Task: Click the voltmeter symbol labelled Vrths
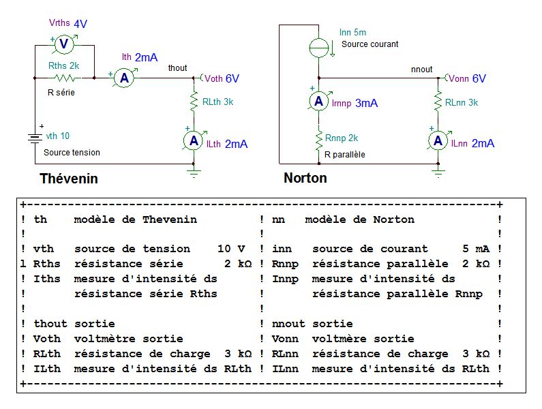[64, 44]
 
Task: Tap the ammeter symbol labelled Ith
[124, 78]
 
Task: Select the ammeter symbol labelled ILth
[194, 140]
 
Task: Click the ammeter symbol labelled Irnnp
[318, 101]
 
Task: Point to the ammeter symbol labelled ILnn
[438, 140]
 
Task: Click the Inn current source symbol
[319, 48]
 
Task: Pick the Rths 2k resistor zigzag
[65, 78]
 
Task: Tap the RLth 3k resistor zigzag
[194, 100]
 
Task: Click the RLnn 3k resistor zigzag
[438, 100]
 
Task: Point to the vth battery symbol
[35, 138]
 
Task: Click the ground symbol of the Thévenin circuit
[194, 173]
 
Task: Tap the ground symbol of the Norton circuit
[438, 173]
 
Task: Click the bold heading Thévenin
[69, 179]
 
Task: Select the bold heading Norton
[305, 178]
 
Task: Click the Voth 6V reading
[222, 78]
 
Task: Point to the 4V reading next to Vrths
[80, 24]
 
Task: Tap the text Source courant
[370, 44]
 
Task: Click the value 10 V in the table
[231, 249]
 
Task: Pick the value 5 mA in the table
[476, 249]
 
